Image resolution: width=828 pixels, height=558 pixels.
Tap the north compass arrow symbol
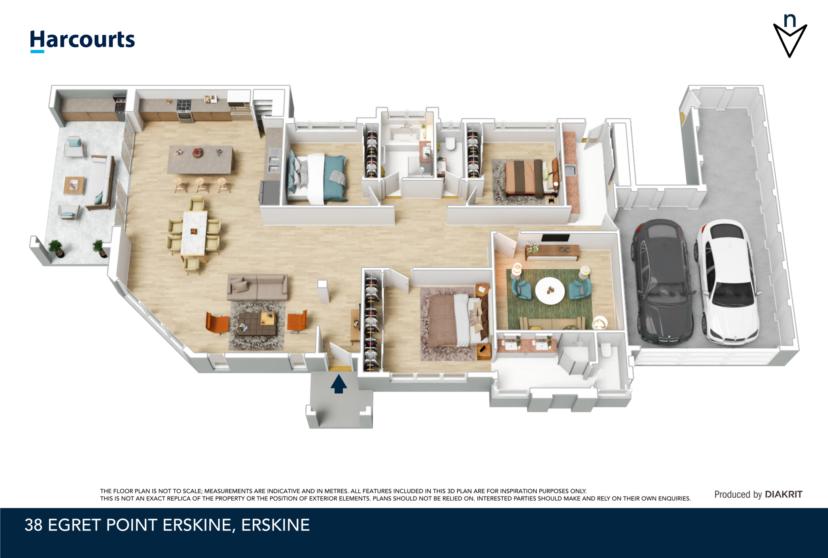790,36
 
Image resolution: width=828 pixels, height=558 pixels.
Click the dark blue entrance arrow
339,384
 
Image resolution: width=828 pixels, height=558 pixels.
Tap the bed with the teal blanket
317,178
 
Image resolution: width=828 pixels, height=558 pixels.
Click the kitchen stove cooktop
184,105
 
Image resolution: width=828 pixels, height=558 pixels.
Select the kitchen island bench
201,160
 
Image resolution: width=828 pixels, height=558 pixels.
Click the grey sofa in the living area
257,287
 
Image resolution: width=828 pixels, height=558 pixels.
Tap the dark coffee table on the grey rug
257,323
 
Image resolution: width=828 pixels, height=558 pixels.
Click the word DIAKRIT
784,494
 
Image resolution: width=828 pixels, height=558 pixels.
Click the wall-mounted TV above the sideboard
556,238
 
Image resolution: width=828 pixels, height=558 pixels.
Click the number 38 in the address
34,525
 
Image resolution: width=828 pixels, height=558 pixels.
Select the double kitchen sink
274,161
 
